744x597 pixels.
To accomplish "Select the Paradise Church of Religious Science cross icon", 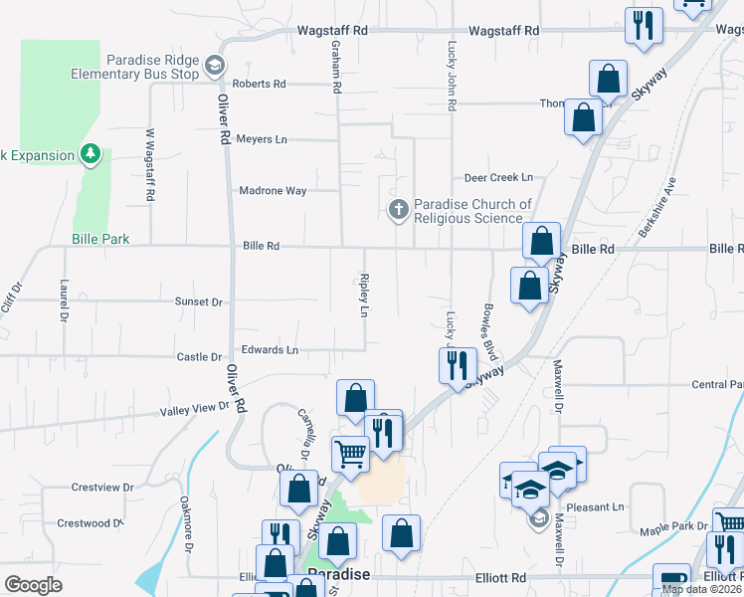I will [398, 209].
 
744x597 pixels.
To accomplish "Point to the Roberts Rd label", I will [260, 85].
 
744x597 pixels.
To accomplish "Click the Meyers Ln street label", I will [262, 139].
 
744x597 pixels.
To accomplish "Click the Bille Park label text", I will [100, 240].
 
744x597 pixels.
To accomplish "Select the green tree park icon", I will [91, 153].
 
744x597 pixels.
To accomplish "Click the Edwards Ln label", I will [270, 350].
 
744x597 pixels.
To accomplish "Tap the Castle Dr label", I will [199, 357].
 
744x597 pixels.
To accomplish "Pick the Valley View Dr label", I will [195, 408].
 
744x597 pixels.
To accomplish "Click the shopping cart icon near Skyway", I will [350, 453].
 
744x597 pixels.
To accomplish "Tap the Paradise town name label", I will [339, 575].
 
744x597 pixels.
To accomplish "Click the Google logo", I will [33, 585].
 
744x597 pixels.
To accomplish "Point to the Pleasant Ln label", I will [596, 507].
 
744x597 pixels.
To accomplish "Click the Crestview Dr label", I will [102, 488].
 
